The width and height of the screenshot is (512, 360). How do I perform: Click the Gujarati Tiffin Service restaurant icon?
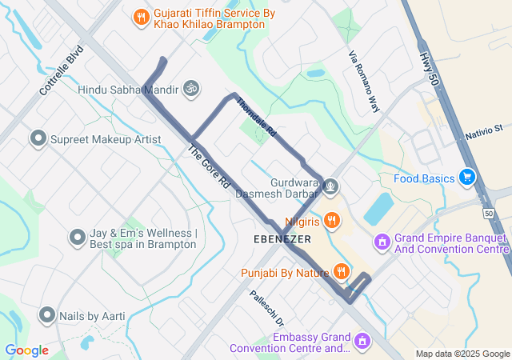(141, 15)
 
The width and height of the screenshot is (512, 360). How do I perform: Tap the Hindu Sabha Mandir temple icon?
(191, 88)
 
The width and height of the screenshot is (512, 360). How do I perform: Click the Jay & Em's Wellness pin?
(77, 238)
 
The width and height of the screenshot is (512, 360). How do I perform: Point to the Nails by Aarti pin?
(46, 316)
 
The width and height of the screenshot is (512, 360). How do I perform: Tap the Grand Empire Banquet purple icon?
(382, 241)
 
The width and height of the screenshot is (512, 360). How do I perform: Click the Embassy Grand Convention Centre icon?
(362, 342)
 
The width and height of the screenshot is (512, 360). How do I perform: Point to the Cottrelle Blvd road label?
(62, 70)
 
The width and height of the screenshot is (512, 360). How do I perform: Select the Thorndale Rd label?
(257, 117)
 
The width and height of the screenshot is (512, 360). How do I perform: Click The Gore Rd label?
(210, 166)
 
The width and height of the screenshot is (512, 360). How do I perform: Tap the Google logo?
(26, 350)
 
